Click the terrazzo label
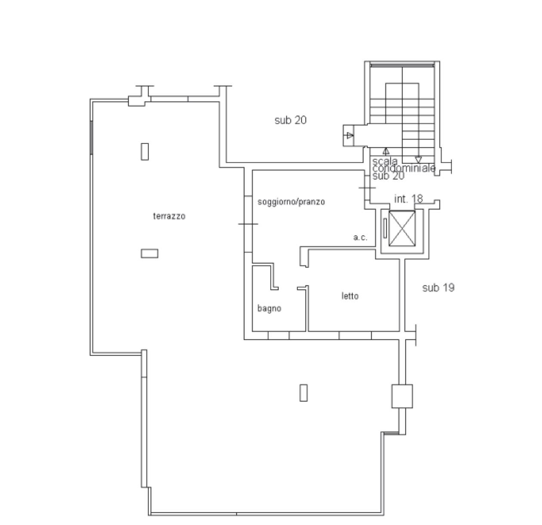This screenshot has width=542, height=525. pos(169,216)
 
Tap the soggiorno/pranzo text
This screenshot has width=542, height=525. pos(291,201)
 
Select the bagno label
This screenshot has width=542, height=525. pos(269,308)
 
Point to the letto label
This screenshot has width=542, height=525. pos(350,296)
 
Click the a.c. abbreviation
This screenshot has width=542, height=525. pos(360,238)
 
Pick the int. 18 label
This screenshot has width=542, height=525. pos(409,198)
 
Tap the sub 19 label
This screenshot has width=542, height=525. pos(438,288)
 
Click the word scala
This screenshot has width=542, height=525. pos(385,162)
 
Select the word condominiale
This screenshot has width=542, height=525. pos(404,168)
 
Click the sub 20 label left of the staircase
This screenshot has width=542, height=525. pos(290,120)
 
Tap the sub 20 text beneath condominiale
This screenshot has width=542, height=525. pos(388,176)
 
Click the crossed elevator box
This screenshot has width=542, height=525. pos(402,229)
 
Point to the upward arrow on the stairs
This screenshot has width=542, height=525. pos(386,151)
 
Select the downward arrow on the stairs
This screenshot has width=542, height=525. pos(419,160)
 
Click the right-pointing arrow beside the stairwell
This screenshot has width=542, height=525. pos(350,135)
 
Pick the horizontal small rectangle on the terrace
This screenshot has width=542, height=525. pos(150,253)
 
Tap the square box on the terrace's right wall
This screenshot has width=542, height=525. pos(402,396)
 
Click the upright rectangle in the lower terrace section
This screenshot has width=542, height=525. pos(304,393)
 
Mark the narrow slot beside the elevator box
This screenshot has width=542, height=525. pos(385,228)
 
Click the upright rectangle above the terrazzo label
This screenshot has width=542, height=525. pos(145,152)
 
